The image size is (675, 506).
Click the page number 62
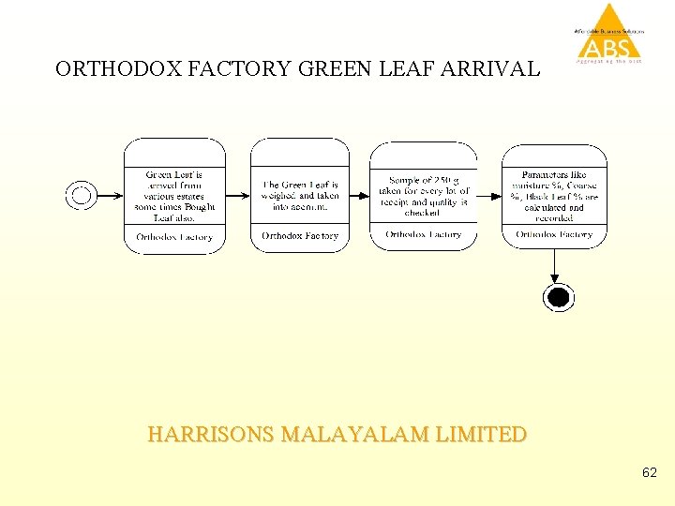coord(650,474)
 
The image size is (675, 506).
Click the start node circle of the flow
coord(82,195)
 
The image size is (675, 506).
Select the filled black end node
coord(557,298)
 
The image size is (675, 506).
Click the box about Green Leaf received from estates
coord(174,195)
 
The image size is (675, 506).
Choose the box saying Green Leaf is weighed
coord(300,195)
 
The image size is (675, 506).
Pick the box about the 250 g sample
coord(423,195)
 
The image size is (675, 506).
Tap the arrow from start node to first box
coord(110,195)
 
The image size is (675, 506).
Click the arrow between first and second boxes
coord(238,195)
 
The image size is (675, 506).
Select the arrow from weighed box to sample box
coord(359,195)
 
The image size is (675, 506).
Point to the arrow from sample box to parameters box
coord(489,195)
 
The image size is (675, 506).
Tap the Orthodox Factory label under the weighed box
coord(300,236)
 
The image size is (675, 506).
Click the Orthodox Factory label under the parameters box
coord(554,234)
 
